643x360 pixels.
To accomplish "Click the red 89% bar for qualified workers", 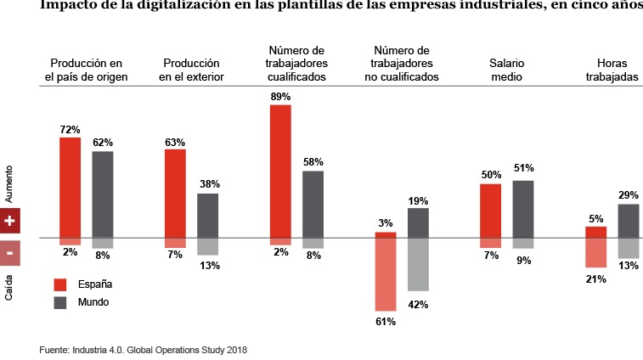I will (280, 170).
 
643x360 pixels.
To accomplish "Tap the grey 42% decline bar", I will (418, 264).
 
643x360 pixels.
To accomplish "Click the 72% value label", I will (70, 130).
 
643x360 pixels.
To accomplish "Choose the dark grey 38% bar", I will (207, 215).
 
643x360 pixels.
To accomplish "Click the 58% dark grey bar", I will (313, 204).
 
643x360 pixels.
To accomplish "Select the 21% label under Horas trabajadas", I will (595, 279).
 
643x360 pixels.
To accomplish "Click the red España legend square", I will (60, 284).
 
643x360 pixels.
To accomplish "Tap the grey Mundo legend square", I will (60, 302).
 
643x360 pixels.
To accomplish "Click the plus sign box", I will (9, 220).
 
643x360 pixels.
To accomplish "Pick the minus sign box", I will (9, 252).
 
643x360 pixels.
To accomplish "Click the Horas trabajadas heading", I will (618, 70).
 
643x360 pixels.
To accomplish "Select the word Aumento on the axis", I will (8, 182).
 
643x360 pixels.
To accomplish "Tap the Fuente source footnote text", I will (143, 349).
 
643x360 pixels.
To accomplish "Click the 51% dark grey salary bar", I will (523, 209).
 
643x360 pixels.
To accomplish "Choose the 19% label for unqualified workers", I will (418, 201).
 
